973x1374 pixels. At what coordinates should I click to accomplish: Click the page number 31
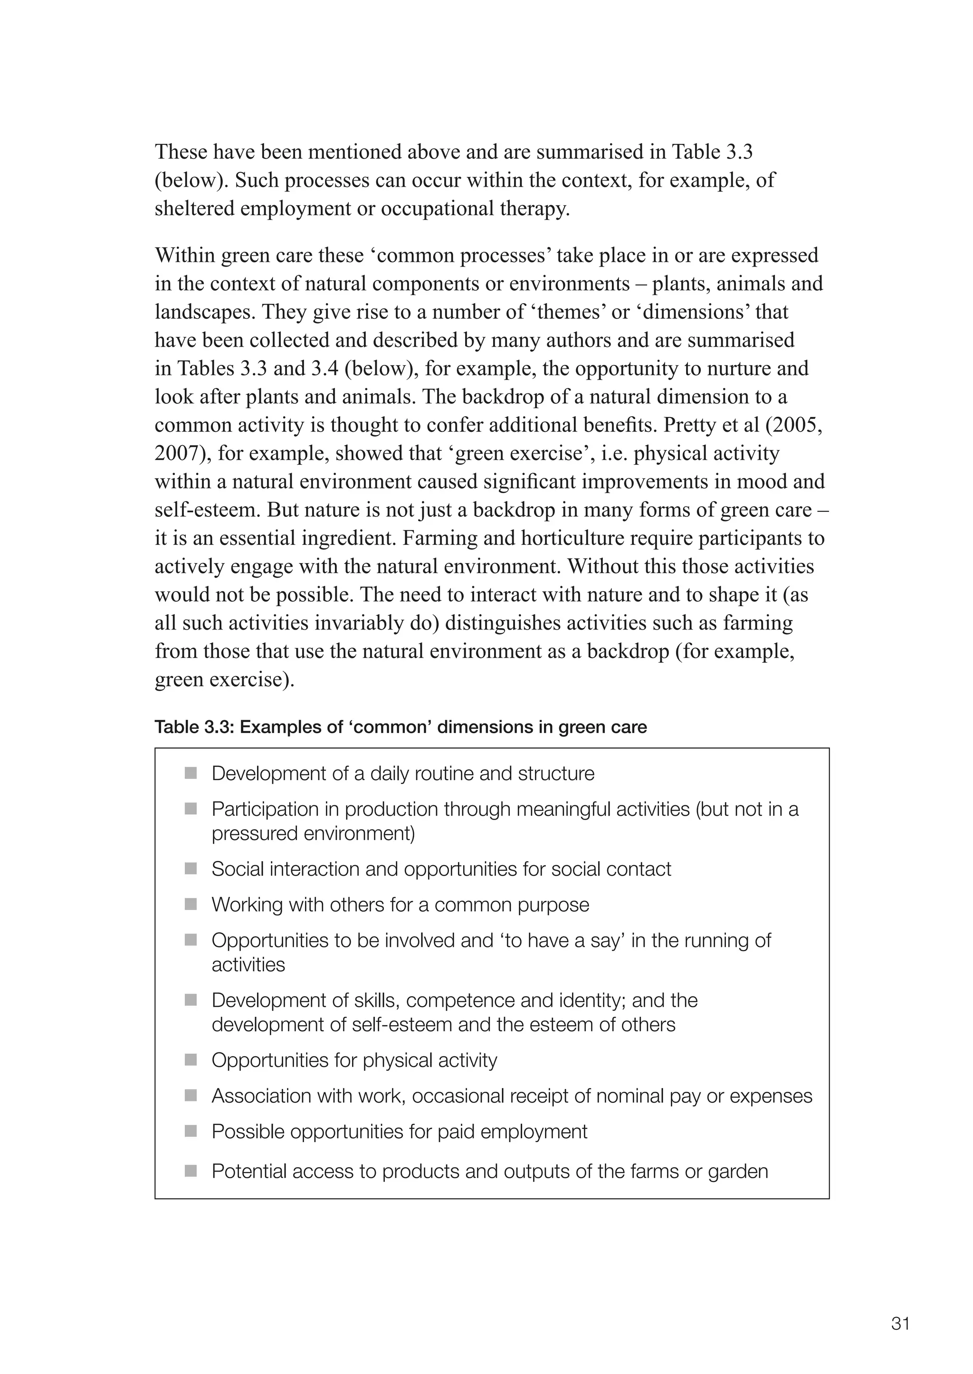click(x=900, y=1324)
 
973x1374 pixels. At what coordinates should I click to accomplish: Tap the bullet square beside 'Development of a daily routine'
click(x=191, y=773)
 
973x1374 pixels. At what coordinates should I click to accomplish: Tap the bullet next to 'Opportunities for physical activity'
click(x=191, y=1060)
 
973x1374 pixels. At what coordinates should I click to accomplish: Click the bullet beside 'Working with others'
click(x=191, y=904)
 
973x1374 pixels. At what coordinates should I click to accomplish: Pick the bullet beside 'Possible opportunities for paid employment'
click(x=191, y=1131)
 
